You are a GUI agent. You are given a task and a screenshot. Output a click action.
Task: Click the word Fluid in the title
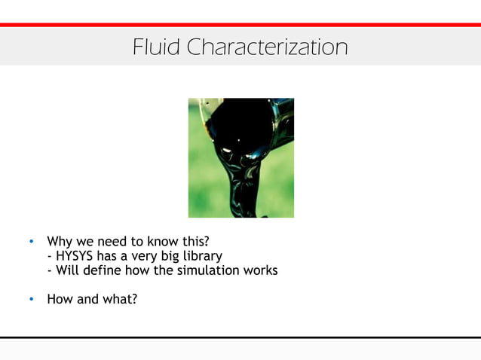coord(157,47)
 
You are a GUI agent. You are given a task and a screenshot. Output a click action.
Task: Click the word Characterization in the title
coord(267,47)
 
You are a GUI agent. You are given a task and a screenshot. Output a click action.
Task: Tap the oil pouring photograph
coord(240,157)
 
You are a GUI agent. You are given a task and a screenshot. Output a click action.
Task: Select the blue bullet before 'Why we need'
coord(31,243)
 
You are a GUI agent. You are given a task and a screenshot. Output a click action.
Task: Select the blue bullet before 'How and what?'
coord(31,300)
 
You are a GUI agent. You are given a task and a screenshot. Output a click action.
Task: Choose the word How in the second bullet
coord(60,299)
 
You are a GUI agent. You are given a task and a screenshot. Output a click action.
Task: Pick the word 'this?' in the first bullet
coord(191,242)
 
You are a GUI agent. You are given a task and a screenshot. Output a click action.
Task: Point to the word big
coord(165,257)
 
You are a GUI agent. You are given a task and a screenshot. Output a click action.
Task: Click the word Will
coord(67,270)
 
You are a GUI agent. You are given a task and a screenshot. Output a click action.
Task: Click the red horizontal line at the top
coord(240,25)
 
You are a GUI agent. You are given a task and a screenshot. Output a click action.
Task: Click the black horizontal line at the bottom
coord(240,337)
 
